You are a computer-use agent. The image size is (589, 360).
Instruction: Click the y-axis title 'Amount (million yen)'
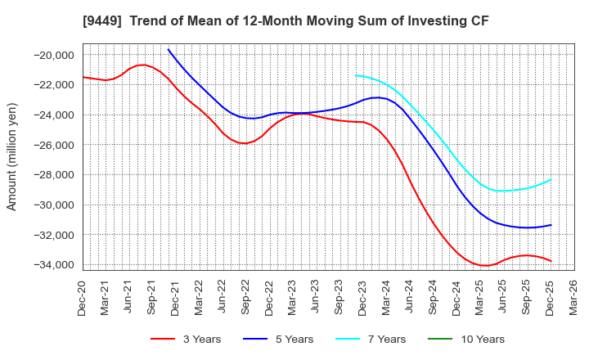[12, 156]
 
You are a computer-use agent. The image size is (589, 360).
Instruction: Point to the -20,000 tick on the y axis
[53, 55]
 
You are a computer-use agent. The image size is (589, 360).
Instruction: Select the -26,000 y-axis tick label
[53, 145]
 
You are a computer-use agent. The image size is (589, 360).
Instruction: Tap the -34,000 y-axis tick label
[53, 265]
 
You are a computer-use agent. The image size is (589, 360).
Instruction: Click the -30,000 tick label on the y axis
[53, 205]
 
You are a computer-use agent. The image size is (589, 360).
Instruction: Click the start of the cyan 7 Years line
[356, 75]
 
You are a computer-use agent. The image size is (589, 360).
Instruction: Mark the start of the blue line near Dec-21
[169, 49]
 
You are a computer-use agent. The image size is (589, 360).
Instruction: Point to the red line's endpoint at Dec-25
[551, 261]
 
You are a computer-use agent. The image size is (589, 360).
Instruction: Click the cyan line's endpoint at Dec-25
[551, 180]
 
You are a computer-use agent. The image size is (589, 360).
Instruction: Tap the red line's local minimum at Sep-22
[244, 143]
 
